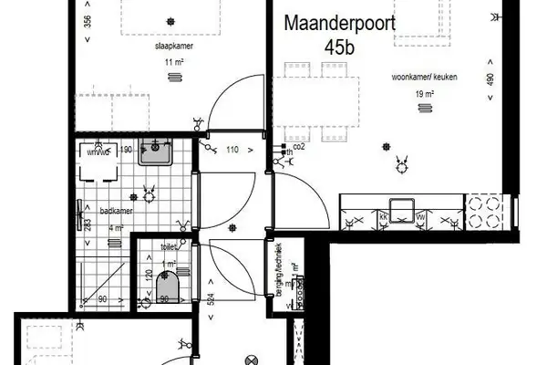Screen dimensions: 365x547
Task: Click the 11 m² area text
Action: pyautogui.click(x=171, y=61)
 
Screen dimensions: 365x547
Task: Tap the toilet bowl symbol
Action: pyautogui.click(x=165, y=290)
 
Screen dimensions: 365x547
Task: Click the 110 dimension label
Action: pyautogui.click(x=232, y=149)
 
